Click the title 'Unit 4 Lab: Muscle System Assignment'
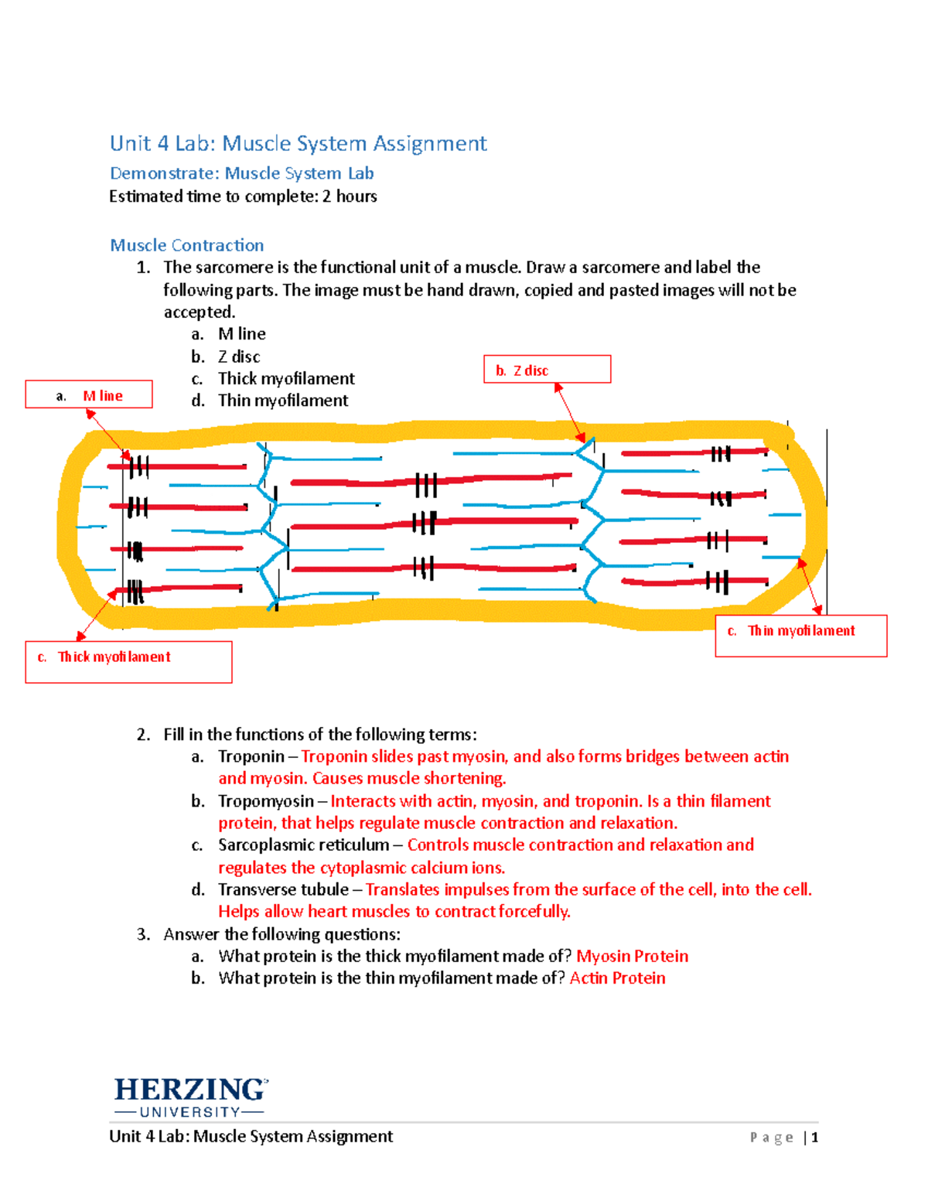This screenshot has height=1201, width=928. pyautogui.click(x=298, y=144)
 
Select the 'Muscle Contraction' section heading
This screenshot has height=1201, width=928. pyautogui.click(x=186, y=245)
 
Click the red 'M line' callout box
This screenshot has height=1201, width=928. pyautogui.click(x=89, y=394)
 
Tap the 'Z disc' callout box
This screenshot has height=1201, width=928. pyautogui.click(x=547, y=370)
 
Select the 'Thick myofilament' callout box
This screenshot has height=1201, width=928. pyautogui.click(x=128, y=661)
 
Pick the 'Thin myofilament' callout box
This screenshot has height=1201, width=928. pyautogui.click(x=800, y=635)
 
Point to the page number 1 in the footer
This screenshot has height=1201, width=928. pyautogui.click(x=814, y=1137)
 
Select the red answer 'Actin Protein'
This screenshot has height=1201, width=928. pyautogui.click(x=617, y=978)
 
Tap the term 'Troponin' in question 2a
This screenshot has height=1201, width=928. pyautogui.click(x=251, y=756)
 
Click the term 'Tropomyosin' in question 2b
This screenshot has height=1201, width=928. pyautogui.click(x=265, y=801)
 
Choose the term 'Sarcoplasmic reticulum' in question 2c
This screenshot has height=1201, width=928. pyautogui.click(x=303, y=845)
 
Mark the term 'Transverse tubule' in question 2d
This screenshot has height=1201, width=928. pyautogui.click(x=283, y=890)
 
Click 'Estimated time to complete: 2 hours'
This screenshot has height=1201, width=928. pyautogui.click(x=243, y=196)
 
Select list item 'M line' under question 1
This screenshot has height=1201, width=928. pyautogui.click(x=241, y=334)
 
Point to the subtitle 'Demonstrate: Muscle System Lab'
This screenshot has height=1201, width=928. pyautogui.click(x=241, y=173)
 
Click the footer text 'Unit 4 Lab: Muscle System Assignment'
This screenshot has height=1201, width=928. pyautogui.click(x=251, y=1136)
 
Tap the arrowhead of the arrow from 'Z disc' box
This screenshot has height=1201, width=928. pyautogui.click(x=583, y=438)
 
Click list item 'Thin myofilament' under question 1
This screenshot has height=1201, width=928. pyautogui.click(x=282, y=401)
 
